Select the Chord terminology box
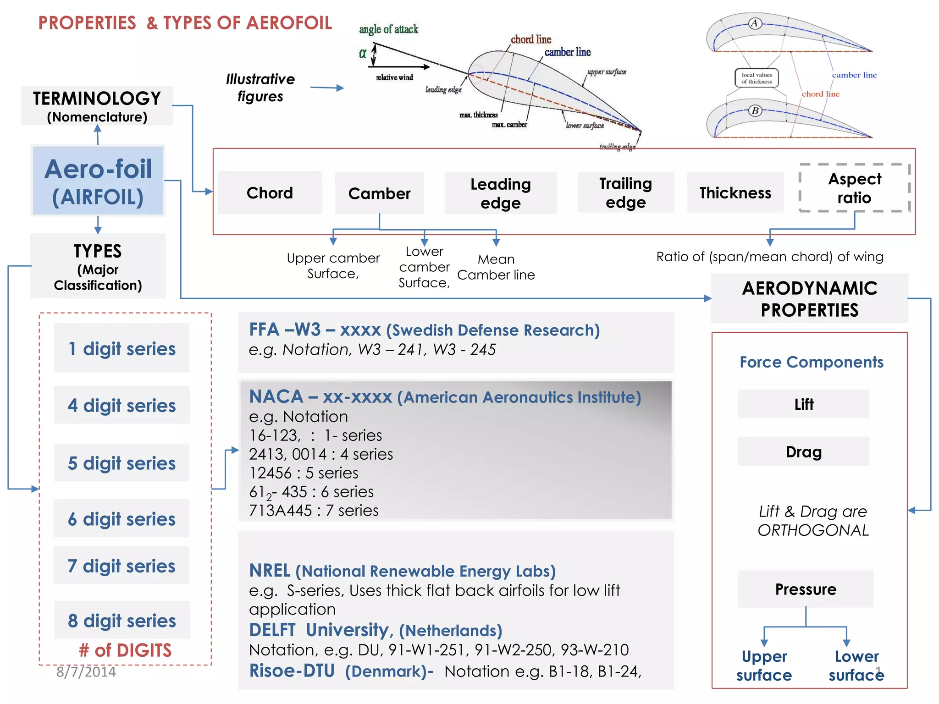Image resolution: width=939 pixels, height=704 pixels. point(270,192)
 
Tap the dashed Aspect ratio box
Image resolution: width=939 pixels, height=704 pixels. point(854,188)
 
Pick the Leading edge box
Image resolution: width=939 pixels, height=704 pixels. point(500,193)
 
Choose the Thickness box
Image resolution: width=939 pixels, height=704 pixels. point(735,192)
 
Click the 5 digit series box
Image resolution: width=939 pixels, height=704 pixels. point(122,463)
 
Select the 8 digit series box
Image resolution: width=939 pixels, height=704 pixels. point(122,621)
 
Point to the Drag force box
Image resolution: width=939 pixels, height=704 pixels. point(803,451)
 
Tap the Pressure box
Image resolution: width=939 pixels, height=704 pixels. point(806,589)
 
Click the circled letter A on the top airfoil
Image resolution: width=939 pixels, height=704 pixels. point(755,23)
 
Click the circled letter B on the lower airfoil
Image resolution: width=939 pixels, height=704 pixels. point(755,110)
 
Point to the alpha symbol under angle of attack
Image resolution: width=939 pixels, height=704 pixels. point(362,53)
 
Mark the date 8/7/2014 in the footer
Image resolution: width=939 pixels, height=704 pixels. point(86,672)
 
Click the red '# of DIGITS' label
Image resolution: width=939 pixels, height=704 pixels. point(125,650)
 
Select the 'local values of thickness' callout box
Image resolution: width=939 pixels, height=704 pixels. point(757,78)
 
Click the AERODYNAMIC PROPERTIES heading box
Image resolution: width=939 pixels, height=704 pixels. point(809,299)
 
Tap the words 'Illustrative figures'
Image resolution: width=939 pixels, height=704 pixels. point(260,88)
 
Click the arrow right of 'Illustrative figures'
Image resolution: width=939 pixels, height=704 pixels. point(327,88)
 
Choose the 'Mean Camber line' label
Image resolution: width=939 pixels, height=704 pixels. point(496,267)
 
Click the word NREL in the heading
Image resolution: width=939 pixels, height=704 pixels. point(270,571)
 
